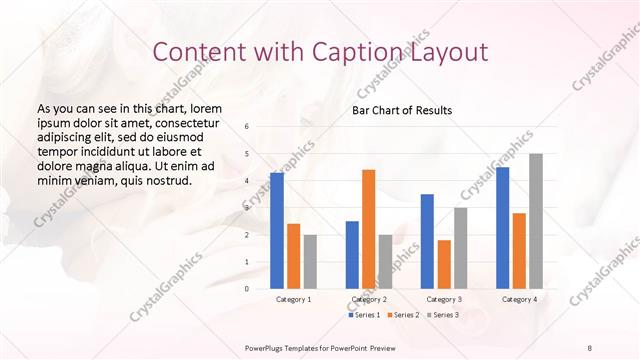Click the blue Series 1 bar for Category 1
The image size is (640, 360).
click(277, 230)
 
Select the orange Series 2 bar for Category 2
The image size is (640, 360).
click(368, 229)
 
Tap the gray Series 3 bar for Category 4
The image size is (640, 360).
click(536, 221)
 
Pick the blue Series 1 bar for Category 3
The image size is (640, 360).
click(427, 241)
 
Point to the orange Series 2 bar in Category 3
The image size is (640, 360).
click(444, 264)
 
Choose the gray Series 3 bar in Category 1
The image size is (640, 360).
click(310, 261)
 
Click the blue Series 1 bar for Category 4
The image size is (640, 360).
click(502, 227)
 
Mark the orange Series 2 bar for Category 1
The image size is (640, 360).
click(293, 256)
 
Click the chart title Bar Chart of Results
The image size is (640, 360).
click(402, 110)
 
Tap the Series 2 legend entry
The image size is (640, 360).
click(404, 315)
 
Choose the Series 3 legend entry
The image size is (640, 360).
click(443, 315)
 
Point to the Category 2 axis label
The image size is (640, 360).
click(368, 299)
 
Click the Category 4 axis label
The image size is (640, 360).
click(519, 299)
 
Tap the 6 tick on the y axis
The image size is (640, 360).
click(247, 127)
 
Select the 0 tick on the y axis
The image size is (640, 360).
click(247, 289)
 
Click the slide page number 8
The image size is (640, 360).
click(590, 346)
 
